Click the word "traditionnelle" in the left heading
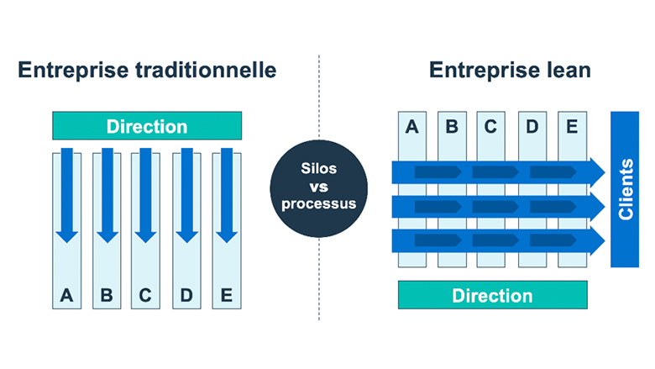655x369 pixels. [206, 70]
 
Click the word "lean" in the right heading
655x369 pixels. [569, 70]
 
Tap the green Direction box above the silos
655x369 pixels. [147, 126]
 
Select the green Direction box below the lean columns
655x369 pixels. [492, 295]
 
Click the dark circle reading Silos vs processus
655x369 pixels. [319, 188]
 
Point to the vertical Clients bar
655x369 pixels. [625, 189]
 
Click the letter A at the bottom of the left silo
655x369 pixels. [66, 295]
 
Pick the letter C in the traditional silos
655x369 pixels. [145, 295]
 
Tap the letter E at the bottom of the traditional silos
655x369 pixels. [227, 295]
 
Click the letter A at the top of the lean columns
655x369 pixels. [411, 126]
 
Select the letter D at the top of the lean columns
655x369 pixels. [532, 126]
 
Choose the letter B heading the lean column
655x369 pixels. [452, 126]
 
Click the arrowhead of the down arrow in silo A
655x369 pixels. [67, 237]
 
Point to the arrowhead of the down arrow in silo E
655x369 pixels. [227, 237]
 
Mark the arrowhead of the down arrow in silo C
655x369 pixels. [145, 237]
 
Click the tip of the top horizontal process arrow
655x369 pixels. [605, 172]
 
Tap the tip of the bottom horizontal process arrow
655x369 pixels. [605, 240]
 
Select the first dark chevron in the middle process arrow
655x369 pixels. [438, 207]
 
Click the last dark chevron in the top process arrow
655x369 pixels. [553, 172]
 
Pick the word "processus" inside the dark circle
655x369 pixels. [319, 204]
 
